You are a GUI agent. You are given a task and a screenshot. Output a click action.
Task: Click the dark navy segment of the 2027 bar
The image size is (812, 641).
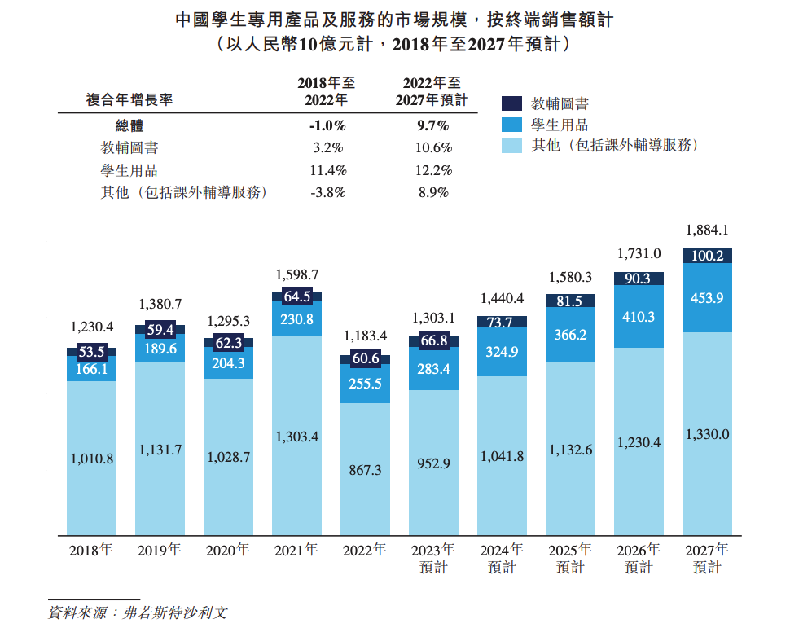pos(706,256)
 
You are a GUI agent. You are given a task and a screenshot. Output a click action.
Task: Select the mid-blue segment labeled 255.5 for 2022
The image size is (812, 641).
pos(365,384)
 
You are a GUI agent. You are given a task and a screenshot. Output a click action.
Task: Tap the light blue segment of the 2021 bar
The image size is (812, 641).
pos(296,437)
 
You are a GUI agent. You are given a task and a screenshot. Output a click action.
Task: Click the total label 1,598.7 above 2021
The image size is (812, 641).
pos(296,274)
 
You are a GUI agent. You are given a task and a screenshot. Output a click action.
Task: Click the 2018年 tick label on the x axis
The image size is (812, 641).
pos(91,550)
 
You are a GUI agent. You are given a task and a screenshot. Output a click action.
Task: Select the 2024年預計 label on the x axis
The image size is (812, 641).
pos(501,558)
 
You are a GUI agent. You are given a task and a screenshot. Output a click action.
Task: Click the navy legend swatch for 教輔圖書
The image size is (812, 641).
pos(511,103)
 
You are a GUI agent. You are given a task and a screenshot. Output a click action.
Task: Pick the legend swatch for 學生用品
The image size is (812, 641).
pos(511,125)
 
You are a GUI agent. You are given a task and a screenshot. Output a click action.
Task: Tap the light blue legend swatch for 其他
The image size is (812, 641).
pos(511,146)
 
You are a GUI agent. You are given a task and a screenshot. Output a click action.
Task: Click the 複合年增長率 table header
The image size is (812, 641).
pos(129,99)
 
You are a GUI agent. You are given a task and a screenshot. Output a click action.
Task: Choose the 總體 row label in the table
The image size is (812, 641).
pos(129,126)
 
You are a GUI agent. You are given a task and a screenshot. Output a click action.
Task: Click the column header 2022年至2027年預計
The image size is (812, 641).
pos(432,91)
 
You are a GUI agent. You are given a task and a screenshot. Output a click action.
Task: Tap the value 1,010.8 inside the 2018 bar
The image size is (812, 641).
pos(91,459)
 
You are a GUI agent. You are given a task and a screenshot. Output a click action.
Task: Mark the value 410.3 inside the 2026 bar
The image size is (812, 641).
pos(638,317)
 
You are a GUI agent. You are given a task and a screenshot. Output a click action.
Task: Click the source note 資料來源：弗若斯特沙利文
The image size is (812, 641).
pos(137,612)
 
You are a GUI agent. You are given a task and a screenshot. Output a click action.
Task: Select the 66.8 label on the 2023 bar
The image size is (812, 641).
pos(433,340)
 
